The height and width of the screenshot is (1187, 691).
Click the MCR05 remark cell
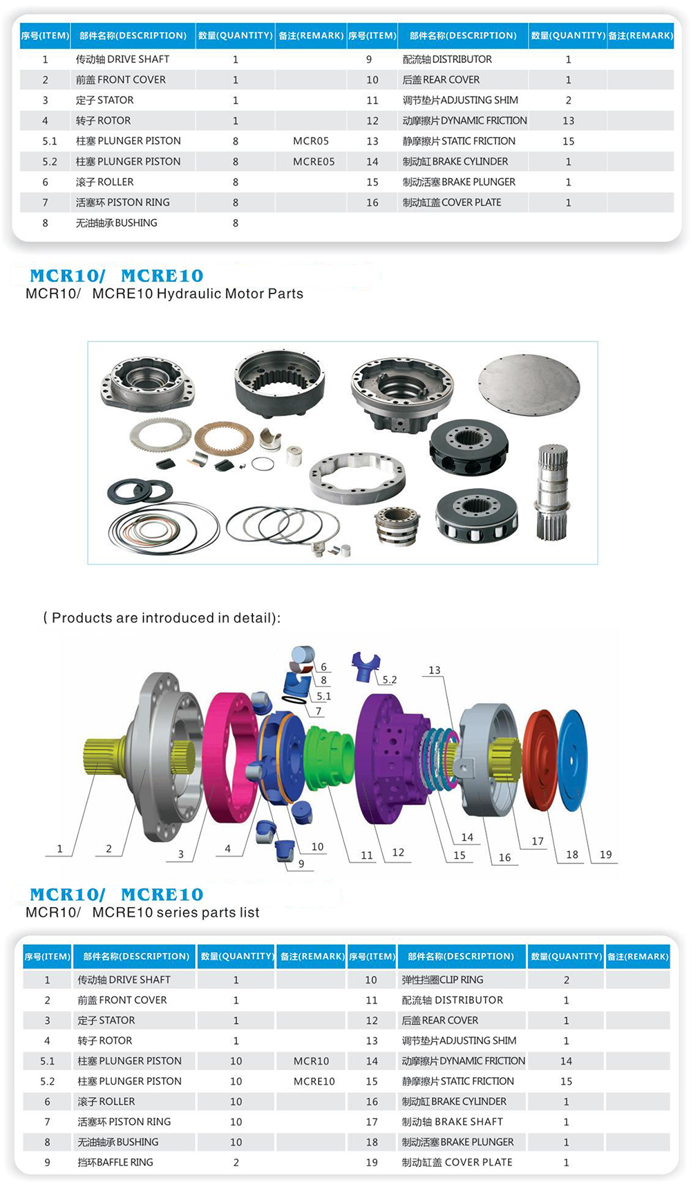(310, 141)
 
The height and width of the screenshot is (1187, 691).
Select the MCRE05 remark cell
(314, 162)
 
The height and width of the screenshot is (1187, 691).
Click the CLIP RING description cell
(442, 980)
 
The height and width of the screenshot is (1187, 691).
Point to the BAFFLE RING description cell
(115, 1162)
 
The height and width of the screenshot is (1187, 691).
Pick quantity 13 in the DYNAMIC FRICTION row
(568, 121)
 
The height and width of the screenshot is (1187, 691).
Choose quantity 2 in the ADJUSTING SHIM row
(568, 100)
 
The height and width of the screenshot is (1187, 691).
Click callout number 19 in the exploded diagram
(605, 854)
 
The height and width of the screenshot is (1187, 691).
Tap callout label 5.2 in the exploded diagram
(390, 680)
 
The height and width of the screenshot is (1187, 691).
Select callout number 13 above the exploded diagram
(434, 670)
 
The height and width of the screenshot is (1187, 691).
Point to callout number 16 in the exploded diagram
(504, 857)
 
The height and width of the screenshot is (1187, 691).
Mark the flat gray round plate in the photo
(529, 385)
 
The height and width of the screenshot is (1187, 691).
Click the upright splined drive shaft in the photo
(552, 491)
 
